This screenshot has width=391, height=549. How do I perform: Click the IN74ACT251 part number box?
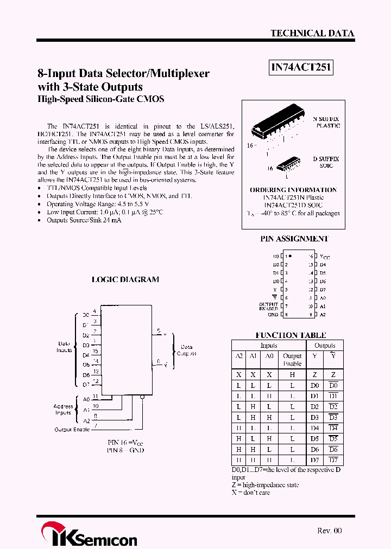(301, 68)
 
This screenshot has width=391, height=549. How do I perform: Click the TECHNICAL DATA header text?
(312, 33)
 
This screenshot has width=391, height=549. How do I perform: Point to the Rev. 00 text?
(330, 531)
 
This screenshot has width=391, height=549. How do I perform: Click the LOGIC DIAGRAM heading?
(125, 280)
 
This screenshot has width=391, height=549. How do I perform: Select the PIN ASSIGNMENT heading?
(294, 239)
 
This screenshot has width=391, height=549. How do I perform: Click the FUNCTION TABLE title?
(291, 335)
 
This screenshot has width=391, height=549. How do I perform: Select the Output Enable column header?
(292, 360)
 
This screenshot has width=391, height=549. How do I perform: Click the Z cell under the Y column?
(314, 375)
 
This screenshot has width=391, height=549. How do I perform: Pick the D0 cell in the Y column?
(314, 385)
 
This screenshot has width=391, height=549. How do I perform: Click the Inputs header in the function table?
(269, 346)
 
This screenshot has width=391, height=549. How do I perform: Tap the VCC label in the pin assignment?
(325, 256)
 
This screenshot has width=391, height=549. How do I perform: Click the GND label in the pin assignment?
(273, 315)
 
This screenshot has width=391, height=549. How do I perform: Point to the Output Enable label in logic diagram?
(72, 430)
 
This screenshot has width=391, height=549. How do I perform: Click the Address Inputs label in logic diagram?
(64, 410)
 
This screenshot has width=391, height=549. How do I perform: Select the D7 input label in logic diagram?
(86, 385)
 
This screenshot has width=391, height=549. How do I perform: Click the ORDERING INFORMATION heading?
(293, 190)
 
